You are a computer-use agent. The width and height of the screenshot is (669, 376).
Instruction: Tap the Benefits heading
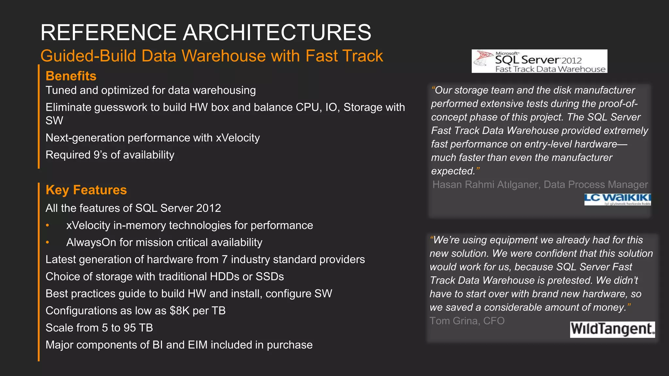[71, 76]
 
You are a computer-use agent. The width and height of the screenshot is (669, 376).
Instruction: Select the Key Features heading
[86, 190]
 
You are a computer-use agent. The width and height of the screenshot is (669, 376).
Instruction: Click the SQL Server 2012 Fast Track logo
[539, 61]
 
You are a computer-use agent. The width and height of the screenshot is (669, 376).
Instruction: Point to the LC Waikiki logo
[617, 199]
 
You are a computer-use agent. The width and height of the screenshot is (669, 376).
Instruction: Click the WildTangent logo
[612, 329]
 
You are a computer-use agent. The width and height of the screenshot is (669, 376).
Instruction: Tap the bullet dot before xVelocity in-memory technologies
[48, 225]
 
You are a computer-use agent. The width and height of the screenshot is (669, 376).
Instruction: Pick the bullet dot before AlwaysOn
[48, 242]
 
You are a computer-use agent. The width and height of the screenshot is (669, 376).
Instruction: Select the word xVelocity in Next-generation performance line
[238, 138]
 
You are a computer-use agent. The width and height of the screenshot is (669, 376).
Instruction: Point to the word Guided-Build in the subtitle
[88, 56]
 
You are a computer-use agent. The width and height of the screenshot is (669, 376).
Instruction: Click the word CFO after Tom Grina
[494, 321]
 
